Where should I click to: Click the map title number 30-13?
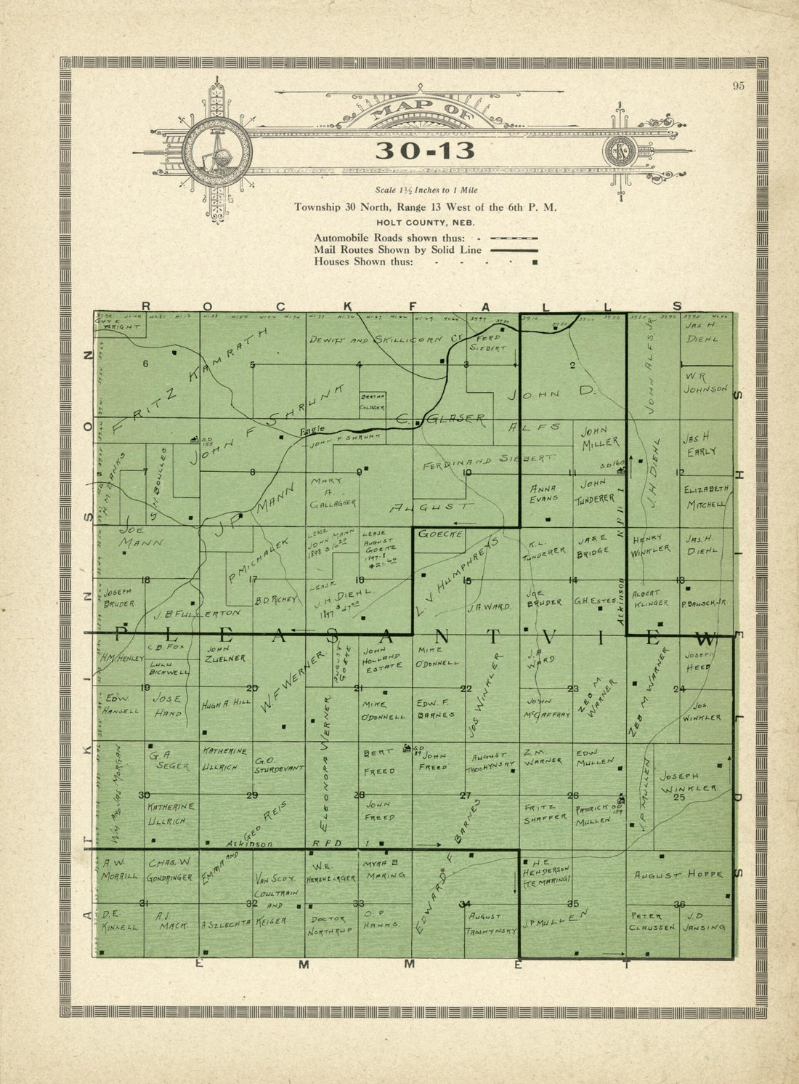click(425, 150)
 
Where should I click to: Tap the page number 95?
click(739, 86)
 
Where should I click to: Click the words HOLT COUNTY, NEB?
click(425, 222)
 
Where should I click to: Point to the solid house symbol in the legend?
click(535, 262)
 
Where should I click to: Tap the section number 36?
click(680, 904)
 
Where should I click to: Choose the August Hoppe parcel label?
click(678, 875)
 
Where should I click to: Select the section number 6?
click(145, 364)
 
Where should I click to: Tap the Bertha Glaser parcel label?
click(373, 403)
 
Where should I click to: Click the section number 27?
click(466, 795)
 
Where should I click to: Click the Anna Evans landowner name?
click(544, 493)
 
